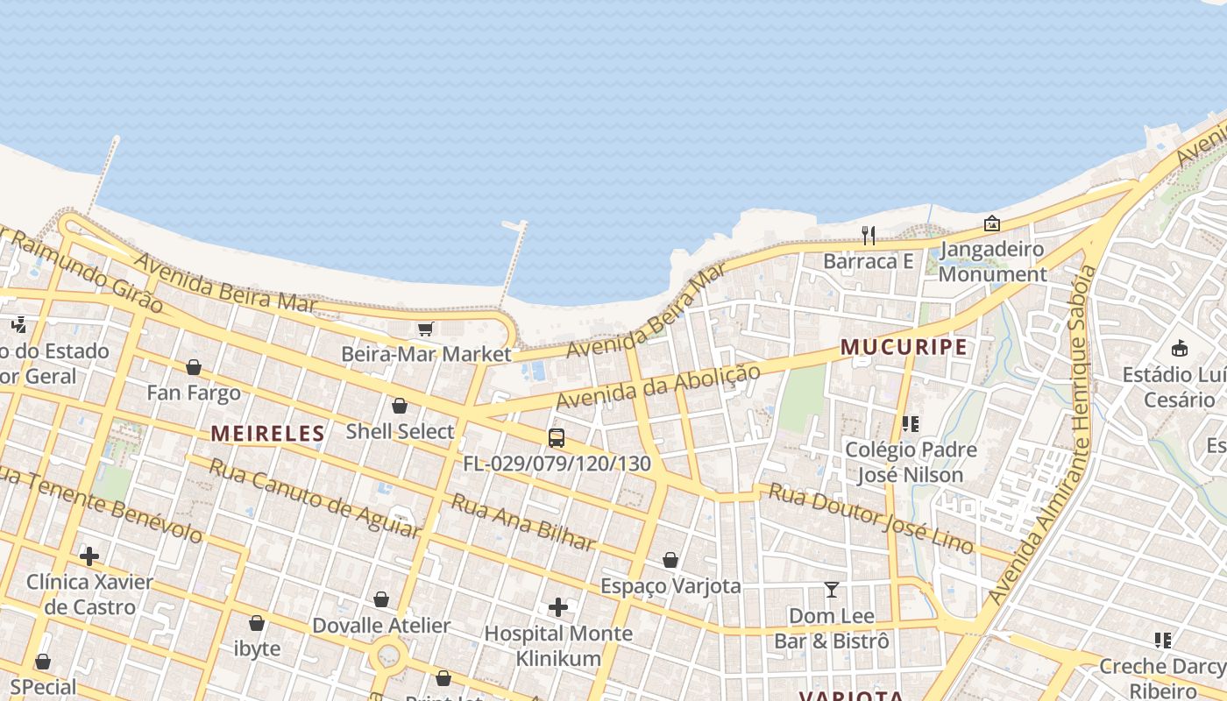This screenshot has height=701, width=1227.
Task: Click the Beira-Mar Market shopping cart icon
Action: [425, 329]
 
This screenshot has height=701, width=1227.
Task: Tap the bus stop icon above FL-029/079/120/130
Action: [556, 438]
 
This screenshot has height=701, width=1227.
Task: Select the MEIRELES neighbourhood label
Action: [267, 433]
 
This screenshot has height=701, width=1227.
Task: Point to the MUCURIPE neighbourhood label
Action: [904, 347]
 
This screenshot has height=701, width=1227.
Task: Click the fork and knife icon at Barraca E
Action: [869, 235]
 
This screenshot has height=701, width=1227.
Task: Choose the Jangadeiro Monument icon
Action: [991, 224]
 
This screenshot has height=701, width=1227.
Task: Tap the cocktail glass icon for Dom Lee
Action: [831, 590]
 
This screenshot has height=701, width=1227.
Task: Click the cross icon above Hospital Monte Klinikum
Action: [558, 606]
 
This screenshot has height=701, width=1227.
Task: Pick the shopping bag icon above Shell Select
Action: [400, 406]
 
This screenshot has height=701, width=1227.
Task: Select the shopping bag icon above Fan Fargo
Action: [194, 367]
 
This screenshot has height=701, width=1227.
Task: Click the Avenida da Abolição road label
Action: [658, 386]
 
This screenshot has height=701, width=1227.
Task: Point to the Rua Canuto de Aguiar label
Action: [314, 498]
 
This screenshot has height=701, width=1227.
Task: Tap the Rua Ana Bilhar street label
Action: [522, 522]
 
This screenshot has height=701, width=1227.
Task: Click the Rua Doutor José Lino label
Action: [870, 518]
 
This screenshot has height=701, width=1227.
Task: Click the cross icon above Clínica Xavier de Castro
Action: [89, 556]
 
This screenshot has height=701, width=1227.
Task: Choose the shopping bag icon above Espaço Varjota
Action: [670, 560]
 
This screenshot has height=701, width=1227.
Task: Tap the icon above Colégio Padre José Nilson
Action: [911, 424]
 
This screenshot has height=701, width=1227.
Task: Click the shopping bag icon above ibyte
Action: [257, 623]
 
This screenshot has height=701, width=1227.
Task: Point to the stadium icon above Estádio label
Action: [1179, 349]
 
